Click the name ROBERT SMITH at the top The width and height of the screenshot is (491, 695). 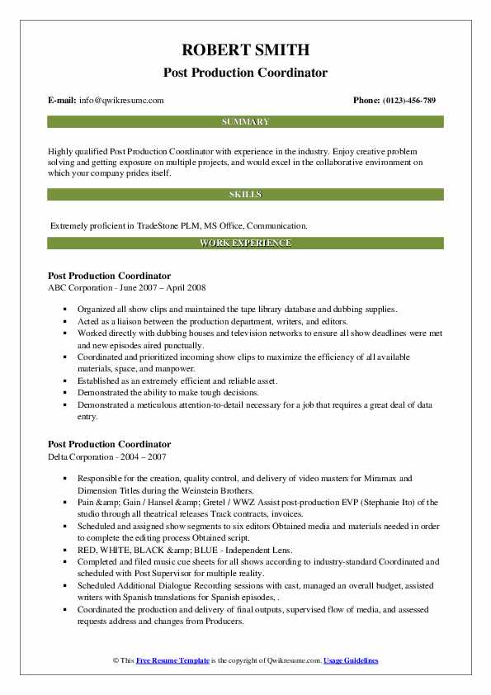(245, 49)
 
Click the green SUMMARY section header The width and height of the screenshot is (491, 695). (245, 121)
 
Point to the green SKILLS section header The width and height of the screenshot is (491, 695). (245, 194)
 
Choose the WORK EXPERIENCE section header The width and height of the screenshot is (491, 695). (245, 243)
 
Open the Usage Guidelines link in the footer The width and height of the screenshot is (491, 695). (351, 661)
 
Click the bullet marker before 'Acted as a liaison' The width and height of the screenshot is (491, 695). (64, 320)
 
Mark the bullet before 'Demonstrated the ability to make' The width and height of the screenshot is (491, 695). (64, 394)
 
